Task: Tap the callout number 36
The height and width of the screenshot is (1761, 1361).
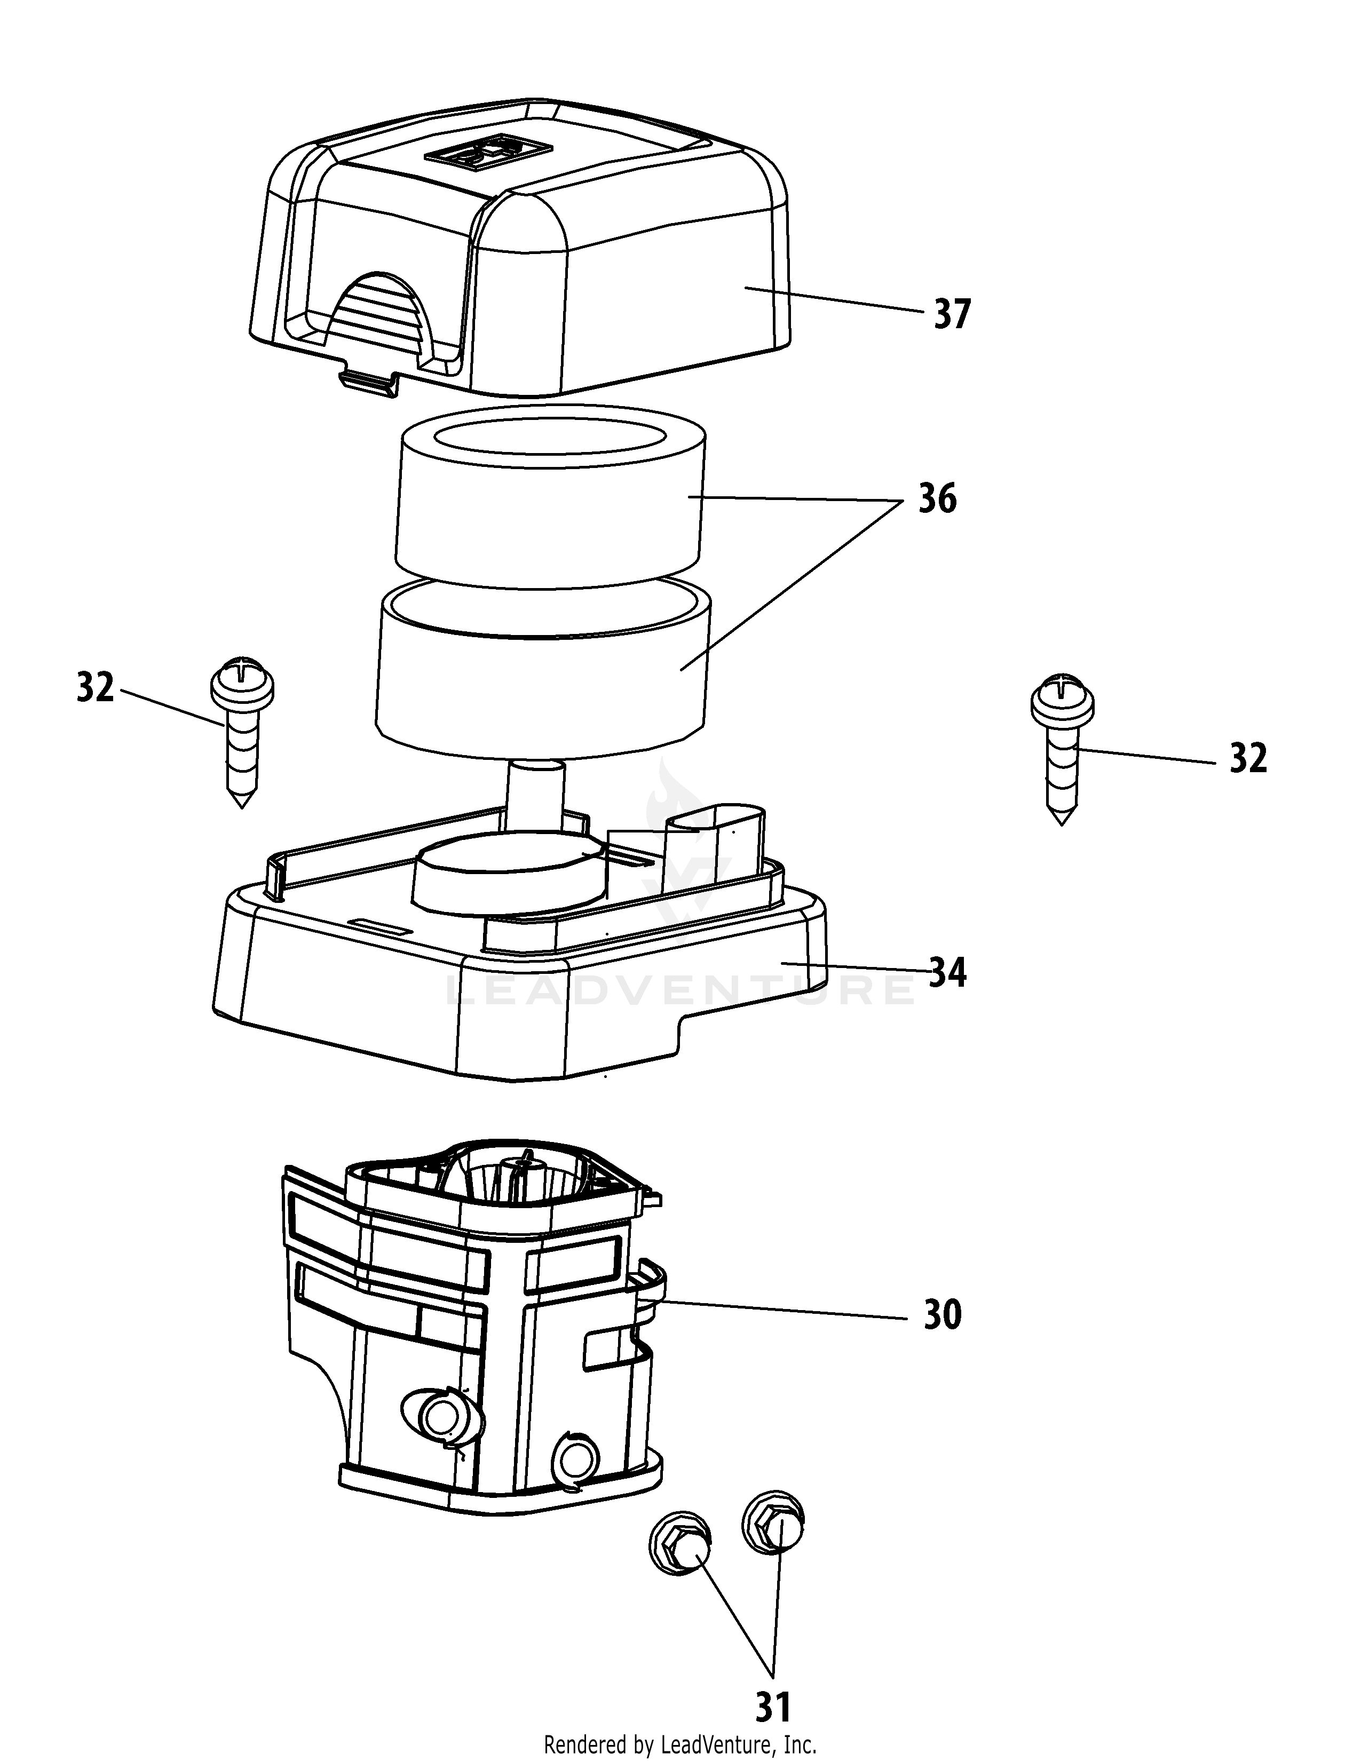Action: coord(937,499)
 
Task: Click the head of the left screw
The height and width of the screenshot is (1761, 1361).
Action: coord(242,685)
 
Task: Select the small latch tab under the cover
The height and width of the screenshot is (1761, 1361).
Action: coord(368,382)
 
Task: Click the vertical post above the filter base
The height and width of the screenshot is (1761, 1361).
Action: coord(536,794)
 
